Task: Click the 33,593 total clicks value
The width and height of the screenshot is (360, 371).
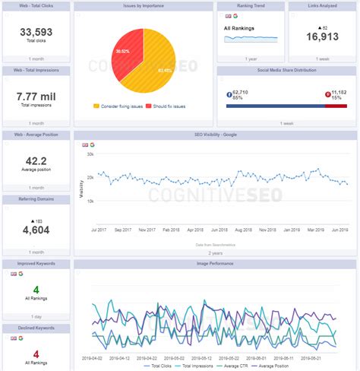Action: pos(36,31)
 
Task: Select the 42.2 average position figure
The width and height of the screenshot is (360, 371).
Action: pos(36,160)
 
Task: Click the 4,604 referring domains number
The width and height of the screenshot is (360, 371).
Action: pos(36,230)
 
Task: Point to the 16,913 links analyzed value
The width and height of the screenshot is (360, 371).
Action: pos(322,36)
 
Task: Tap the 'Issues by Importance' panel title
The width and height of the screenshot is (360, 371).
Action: pos(143,6)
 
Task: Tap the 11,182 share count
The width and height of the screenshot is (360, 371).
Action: pos(336,90)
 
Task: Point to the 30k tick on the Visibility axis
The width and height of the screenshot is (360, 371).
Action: pos(90,154)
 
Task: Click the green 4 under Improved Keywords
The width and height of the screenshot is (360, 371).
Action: pos(36,290)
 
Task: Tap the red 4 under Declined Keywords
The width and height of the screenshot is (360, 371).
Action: pos(36,354)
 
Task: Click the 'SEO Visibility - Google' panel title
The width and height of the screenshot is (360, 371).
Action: pos(215,135)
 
